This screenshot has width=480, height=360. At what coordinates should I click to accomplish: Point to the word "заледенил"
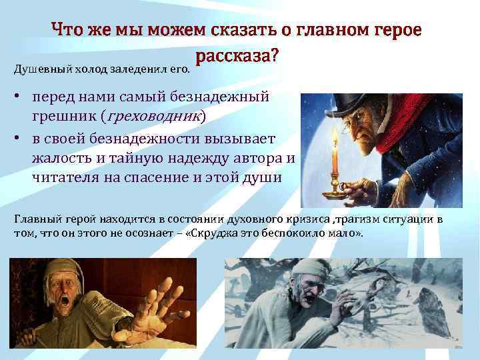142,68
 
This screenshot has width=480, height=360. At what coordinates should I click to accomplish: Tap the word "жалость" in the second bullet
57,157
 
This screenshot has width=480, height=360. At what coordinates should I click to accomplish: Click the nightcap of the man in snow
303,266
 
